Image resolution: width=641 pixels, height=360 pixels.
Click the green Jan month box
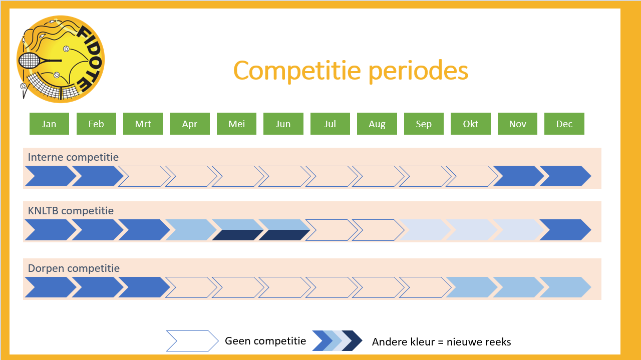coord(49,124)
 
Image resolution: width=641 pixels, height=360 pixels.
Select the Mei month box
coord(236,124)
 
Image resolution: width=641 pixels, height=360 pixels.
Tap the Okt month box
coord(470,124)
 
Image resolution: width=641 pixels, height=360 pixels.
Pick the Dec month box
coord(564,124)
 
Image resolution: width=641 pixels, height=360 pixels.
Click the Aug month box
coord(377,124)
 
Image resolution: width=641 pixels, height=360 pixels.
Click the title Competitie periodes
coord(351,71)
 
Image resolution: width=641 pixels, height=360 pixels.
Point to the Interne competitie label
coord(73,157)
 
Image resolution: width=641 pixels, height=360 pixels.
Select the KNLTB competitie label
coord(71,211)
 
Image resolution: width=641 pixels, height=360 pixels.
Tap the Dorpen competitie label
coord(74,268)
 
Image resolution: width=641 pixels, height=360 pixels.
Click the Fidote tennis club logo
coord(61,59)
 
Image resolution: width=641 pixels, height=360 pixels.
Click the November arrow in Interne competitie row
coord(518,176)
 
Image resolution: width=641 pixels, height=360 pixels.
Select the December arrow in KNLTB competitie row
coord(565,230)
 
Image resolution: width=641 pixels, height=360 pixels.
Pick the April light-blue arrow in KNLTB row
coord(191,230)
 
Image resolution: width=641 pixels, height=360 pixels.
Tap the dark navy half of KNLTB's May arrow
coord(237,235)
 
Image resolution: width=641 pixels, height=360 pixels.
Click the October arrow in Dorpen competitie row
coord(472,287)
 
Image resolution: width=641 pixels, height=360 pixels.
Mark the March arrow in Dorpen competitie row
coord(144,287)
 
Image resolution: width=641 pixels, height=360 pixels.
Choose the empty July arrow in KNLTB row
coord(332,230)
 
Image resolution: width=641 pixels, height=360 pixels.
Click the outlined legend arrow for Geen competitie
coord(192,341)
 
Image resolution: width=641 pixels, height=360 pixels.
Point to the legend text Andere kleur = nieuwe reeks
coord(441,342)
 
